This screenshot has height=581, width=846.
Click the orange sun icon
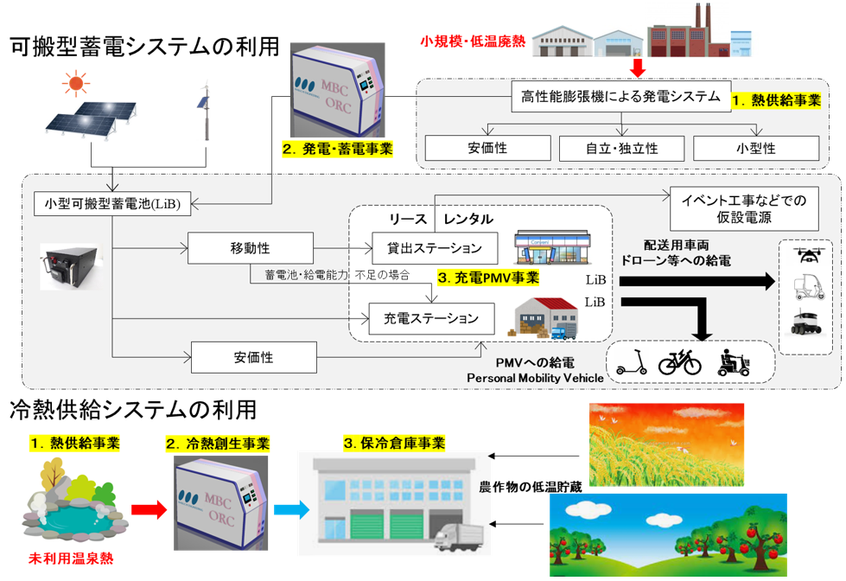point(75,83)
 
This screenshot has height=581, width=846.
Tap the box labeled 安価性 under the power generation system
point(488,148)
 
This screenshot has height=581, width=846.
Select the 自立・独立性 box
point(620,148)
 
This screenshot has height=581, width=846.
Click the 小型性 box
point(754,148)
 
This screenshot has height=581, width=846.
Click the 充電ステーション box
point(431,318)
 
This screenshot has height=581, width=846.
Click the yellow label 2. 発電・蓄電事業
point(338,149)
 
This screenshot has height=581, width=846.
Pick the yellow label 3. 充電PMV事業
point(488,278)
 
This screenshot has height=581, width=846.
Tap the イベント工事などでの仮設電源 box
point(745,208)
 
